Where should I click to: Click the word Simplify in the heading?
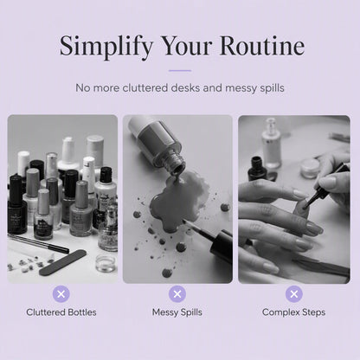(x=106, y=47)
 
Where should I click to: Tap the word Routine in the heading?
(x=262, y=46)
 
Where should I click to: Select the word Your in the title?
(x=187, y=46)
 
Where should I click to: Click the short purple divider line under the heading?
(x=180, y=70)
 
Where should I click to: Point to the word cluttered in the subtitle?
(x=146, y=87)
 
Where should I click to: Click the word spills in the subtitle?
(x=272, y=88)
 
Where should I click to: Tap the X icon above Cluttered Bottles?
(x=61, y=294)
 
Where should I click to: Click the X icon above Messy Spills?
(x=177, y=294)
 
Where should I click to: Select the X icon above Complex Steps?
(x=294, y=294)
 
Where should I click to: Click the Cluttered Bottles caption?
(x=61, y=312)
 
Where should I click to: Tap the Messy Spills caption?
(x=177, y=312)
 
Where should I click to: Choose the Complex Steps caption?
(x=294, y=312)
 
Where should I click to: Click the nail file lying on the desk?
(x=62, y=262)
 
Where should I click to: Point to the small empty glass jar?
(x=106, y=263)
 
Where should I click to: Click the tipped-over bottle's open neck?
(x=176, y=164)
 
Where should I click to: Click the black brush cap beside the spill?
(x=222, y=246)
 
